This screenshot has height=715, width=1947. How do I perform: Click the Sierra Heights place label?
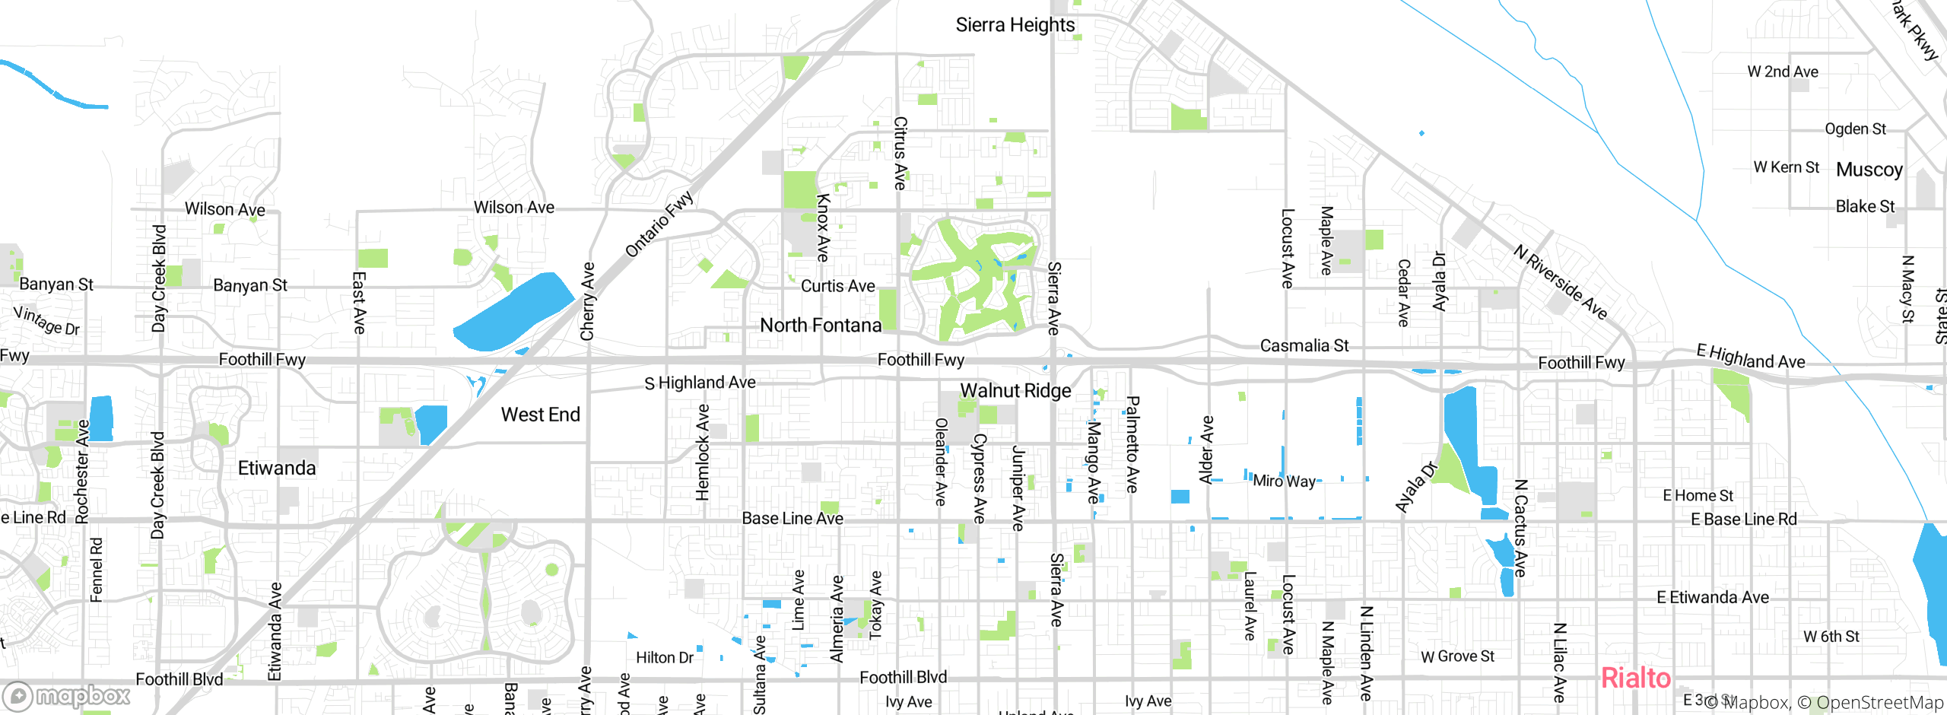coord(1015,25)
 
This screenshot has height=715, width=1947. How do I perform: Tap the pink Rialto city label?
coord(1635,678)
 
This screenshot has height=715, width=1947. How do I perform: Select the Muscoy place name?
coord(1869,170)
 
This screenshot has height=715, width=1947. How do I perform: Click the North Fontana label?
coord(821,326)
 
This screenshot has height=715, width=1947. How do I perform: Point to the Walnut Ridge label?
coord(1015,391)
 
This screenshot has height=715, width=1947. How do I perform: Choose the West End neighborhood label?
coord(540,415)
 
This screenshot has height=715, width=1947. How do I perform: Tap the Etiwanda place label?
coord(277,468)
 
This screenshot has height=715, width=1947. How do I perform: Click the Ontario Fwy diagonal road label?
coord(659,224)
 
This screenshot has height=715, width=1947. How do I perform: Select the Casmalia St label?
coord(1304,346)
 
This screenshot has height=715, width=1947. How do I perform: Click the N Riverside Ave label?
coord(1560,282)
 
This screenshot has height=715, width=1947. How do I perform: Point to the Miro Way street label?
coord(1284,481)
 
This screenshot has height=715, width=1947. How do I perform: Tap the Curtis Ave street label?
coord(837,286)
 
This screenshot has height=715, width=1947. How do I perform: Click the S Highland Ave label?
coord(700,383)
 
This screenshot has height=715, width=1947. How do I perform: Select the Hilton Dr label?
coord(664,658)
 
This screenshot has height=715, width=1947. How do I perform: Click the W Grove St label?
coord(1457,656)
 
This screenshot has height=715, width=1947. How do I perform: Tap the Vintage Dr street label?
coord(46,321)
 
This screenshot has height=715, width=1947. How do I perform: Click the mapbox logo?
coord(67,695)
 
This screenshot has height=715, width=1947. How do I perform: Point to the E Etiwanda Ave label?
coord(1713,598)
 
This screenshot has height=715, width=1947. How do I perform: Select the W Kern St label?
coord(1786,167)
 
